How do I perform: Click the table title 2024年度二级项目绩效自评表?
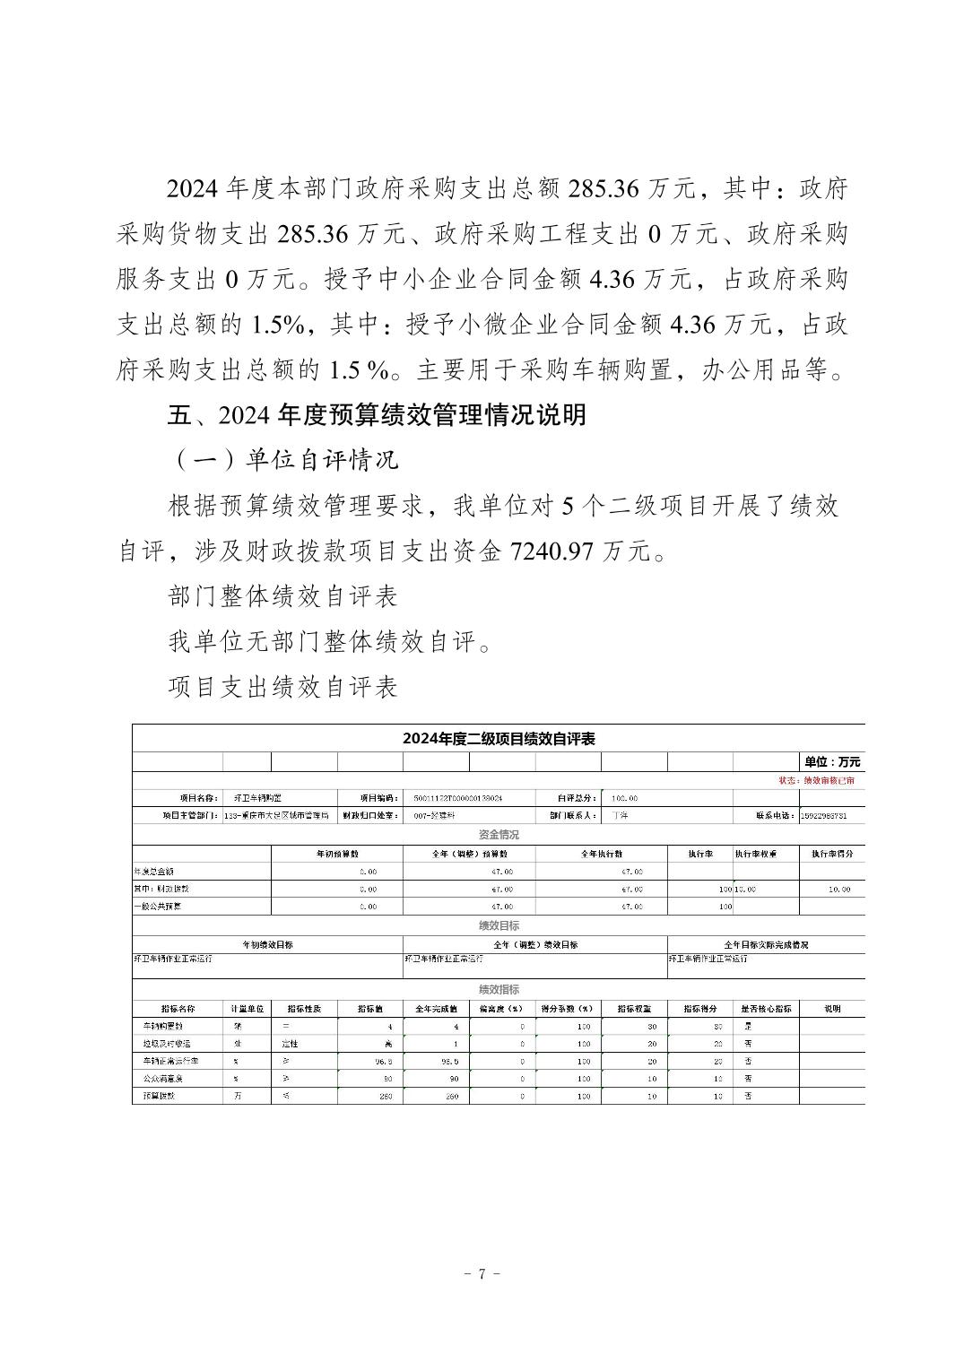click(499, 739)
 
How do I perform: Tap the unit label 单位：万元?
click(831, 762)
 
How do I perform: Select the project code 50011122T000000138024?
click(458, 798)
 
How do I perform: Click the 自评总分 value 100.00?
click(624, 798)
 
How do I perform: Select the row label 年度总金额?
click(153, 872)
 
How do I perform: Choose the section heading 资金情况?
click(499, 835)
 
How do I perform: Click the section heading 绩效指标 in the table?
click(499, 990)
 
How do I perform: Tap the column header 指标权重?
click(634, 1009)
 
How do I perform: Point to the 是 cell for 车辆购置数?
click(748, 1026)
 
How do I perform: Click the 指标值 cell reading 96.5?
click(369, 1062)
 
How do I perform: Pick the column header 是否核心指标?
click(766, 1009)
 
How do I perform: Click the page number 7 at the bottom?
click(482, 1273)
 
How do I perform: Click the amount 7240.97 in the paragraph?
click(551, 551)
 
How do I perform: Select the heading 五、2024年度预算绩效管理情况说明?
click(377, 415)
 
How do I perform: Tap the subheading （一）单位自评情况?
click(283, 460)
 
